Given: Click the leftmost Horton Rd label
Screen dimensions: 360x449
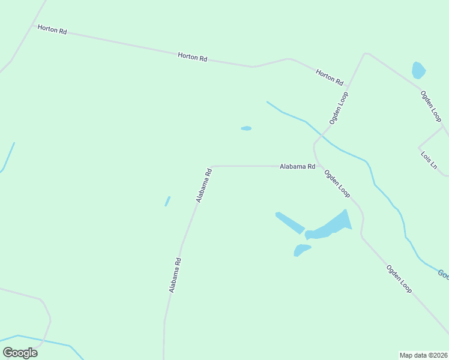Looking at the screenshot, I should coord(52,29).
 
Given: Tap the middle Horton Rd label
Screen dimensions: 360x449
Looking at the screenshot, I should coord(192,58).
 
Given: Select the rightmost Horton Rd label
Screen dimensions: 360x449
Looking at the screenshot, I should coord(329,77).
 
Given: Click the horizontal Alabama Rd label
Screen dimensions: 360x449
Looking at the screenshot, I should coord(297,166).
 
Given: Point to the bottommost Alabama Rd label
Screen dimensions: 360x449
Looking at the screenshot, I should coord(175,275).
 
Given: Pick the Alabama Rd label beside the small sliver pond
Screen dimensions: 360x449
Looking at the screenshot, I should coord(205,185).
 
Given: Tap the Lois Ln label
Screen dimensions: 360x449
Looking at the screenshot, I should coord(429,160).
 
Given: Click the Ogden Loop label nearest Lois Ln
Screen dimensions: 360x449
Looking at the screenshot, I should coord(430,106).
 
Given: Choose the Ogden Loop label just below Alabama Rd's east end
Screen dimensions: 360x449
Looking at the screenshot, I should coord(337,184).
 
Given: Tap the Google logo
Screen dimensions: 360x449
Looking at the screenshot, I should coord(20,352).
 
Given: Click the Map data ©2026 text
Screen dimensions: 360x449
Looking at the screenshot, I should coord(423,355).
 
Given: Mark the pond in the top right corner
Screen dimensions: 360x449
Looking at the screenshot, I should coord(418,70).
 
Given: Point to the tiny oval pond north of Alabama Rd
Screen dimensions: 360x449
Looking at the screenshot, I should coord(246,128).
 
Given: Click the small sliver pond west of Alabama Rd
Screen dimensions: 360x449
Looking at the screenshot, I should coord(167,201).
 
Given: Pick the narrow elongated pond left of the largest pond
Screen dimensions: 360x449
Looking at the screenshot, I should coord(289,223).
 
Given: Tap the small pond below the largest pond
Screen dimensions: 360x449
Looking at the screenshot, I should coord(301,250).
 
